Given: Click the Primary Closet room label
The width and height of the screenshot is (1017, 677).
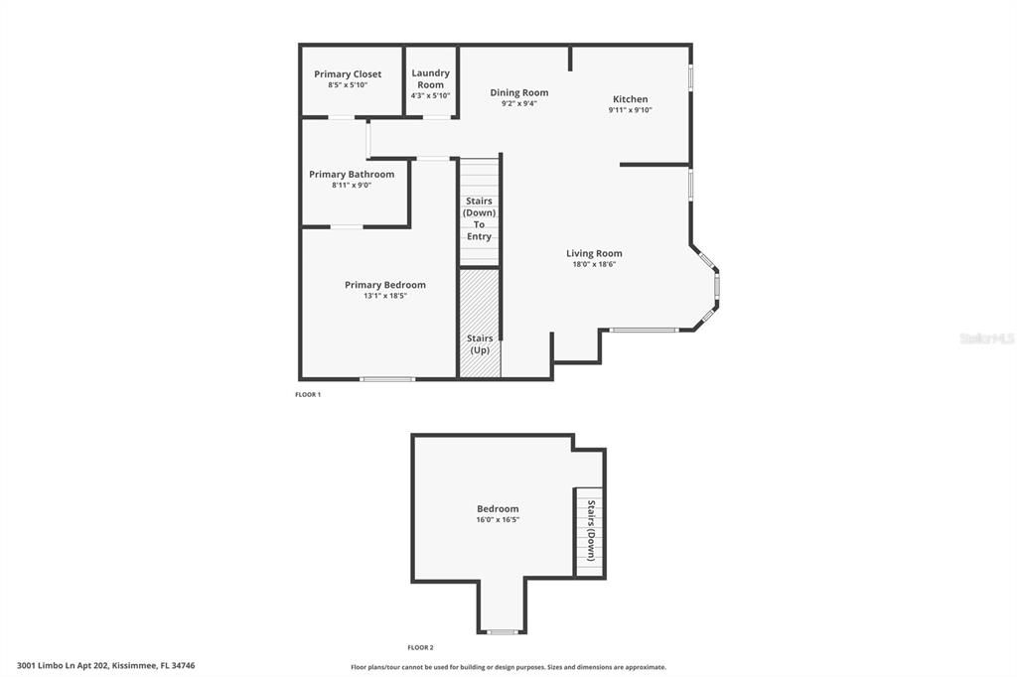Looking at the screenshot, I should coord(348,74).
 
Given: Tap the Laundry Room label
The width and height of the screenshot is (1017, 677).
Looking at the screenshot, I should coord(430,78).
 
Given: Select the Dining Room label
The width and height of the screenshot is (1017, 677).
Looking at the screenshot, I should coord(518,93).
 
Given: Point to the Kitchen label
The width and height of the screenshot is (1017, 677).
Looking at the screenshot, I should coord(630,99).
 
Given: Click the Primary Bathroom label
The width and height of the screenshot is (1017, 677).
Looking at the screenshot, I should coord(351,175).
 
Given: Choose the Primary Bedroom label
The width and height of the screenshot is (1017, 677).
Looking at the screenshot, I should coord(384,285).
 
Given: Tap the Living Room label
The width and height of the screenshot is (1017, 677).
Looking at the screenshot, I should coord(594,253).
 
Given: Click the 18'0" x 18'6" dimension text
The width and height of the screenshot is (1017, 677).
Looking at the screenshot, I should coord(594,265).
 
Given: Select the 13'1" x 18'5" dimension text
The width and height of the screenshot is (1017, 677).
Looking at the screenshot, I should coord(384,296).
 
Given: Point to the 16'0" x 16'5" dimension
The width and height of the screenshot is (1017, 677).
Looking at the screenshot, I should coord(498,520).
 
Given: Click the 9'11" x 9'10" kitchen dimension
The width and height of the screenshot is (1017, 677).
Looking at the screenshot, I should coord(630,110).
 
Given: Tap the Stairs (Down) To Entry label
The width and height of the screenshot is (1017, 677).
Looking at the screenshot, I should coord(479,218).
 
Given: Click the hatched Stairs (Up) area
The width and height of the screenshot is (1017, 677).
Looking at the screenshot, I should coord(479,323).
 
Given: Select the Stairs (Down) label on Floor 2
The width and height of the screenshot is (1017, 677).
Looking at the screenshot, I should coord(590,531).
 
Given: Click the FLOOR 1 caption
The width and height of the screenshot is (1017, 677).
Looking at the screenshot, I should coord(308,395).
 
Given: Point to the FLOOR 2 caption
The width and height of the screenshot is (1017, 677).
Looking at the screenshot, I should coord(420,647).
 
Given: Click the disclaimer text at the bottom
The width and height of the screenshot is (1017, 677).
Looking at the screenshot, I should coord(508,667).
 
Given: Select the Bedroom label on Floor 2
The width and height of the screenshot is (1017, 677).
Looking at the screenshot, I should coord(498,509).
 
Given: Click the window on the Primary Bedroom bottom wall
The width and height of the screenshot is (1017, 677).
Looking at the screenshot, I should coord(387,378).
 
